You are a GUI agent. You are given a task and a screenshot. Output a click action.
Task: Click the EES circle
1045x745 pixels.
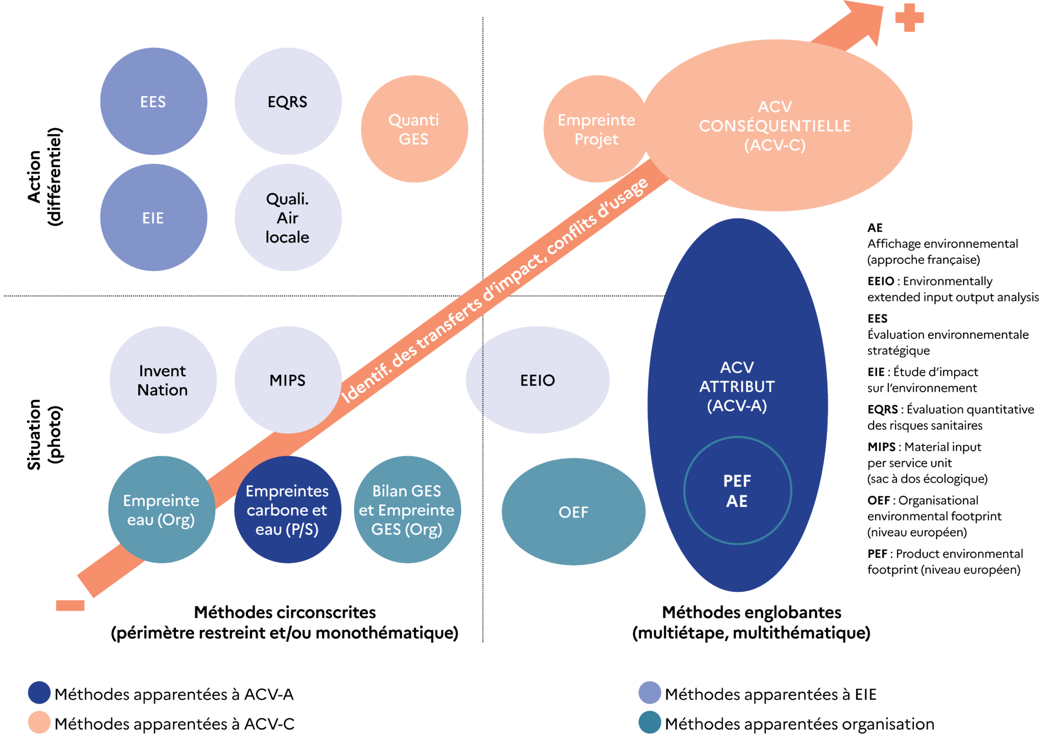point(154,101)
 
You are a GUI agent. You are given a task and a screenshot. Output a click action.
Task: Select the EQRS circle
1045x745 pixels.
point(288,101)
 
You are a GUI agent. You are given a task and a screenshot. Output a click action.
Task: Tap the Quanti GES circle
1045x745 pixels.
point(414,129)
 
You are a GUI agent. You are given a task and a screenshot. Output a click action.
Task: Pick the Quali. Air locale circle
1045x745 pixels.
point(288,217)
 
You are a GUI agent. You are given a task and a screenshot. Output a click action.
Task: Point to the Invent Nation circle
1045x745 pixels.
point(163,380)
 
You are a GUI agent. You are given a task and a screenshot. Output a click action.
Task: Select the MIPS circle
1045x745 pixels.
point(288,380)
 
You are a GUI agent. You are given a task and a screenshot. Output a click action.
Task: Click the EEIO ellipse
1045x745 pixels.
point(537,380)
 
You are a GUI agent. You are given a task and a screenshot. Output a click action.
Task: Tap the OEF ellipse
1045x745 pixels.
point(573,511)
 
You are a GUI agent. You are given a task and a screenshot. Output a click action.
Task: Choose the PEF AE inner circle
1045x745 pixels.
point(737,490)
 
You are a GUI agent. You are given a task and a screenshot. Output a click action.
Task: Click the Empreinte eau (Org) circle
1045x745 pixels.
point(161,509)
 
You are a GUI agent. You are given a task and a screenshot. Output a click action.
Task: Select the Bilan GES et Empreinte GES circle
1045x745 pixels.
point(407,509)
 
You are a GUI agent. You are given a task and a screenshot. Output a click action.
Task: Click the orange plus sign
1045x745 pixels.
point(909,18)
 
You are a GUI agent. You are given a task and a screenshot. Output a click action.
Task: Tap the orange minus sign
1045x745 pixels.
point(70,605)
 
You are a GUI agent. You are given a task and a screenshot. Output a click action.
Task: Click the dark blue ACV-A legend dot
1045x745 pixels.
point(39,692)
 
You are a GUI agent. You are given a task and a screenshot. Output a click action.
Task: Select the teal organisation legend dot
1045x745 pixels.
point(650,723)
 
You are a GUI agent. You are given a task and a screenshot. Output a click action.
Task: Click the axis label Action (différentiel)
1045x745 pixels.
point(45,176)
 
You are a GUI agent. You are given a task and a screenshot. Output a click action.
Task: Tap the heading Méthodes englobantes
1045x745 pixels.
point(751,612)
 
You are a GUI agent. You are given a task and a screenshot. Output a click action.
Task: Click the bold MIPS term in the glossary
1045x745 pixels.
point(881,447)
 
